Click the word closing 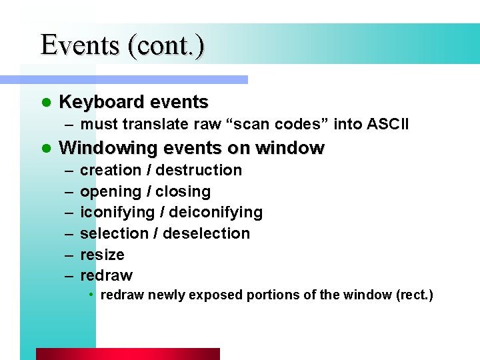pyautogui.click(x=183, y=192)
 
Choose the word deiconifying pyautogui.click(x=216, y=213)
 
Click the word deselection pyautogui.click(x=207, y=233)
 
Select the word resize pyautogui.click(x=102, y=255)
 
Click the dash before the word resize pyautogui.click(x=69, y=255)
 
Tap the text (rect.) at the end pyautogui.click(x=413, y=295)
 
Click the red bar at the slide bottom pyautogui.click(x=127, y=354)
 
